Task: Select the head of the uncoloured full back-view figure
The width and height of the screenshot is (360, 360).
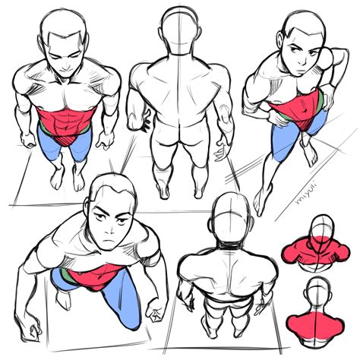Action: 180,30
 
